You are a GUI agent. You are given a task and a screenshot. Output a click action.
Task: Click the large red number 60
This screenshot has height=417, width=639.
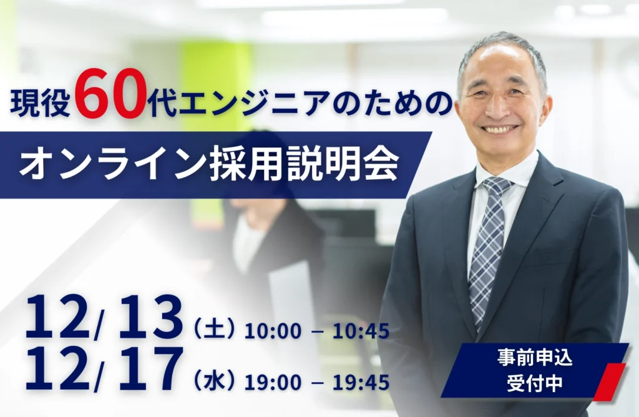[x=110, y=99]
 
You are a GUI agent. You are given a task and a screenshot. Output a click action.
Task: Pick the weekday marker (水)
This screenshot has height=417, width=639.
[x=215, y=381]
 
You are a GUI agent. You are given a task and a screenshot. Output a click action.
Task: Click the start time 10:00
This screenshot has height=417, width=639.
[x=273, y=331]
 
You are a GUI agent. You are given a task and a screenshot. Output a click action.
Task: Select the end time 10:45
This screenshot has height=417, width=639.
[x=361, y=331]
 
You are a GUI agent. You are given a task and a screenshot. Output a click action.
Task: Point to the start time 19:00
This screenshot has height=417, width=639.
[x=273, y=383]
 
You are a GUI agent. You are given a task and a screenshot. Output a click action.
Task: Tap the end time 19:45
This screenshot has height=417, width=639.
[x=361, y=383]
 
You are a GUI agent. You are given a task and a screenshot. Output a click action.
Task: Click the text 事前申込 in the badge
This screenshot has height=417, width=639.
[x=535, y=358]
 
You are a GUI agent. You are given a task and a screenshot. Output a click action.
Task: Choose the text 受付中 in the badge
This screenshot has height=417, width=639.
[x=535, y=383]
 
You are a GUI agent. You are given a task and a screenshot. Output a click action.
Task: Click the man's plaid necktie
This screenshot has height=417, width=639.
[x=487, y=245]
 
